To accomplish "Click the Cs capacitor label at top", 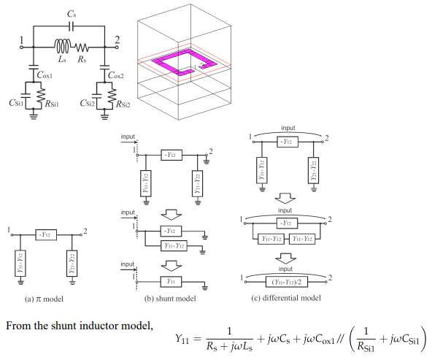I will tap(70, 13).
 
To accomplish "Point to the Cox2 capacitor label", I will tap(117, 74).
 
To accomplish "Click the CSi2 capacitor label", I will tap(86, 104).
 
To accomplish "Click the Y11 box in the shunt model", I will tap(171, 280).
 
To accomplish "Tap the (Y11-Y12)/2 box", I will tap(286, 280).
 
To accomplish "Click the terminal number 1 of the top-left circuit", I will tap(22, 39).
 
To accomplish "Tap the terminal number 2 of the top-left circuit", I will tap(118, 39).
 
